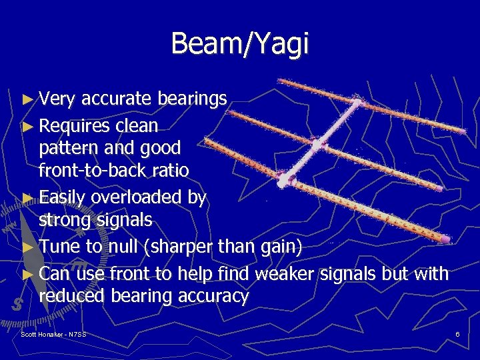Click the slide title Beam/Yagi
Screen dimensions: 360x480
point(240,44)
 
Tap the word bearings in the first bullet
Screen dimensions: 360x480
point(193,99)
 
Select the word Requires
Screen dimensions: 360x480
point(75,126)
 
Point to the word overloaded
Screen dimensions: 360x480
point(149,197)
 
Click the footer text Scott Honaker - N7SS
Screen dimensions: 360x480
point(53,333)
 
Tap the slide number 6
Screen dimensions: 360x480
point(457,333)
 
